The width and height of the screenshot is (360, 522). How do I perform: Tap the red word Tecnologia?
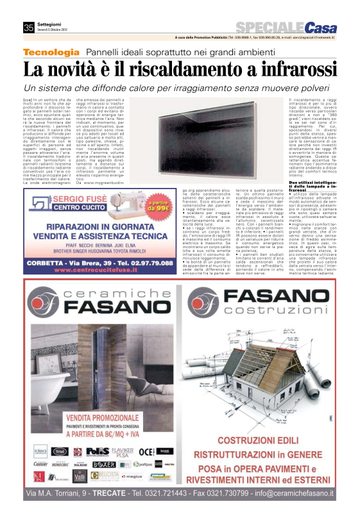pos(51,52)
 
